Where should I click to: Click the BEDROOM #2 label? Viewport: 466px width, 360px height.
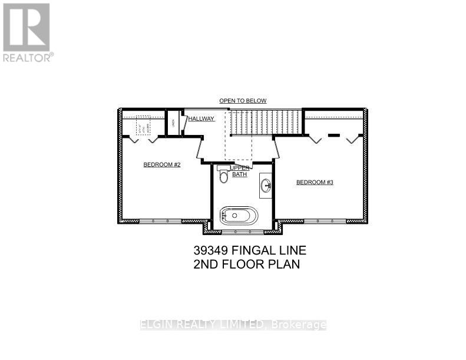161,165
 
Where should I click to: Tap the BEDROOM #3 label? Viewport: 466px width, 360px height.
315,183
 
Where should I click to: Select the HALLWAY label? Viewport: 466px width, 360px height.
201,119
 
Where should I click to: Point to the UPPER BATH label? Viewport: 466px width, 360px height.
240,171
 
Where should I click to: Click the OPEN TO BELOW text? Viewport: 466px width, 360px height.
243,101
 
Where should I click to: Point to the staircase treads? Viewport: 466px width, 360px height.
265,123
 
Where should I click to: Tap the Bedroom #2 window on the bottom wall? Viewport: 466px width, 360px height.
161,221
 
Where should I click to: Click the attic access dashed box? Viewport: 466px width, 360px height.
143,125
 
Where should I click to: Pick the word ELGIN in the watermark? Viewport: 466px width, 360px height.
155,325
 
